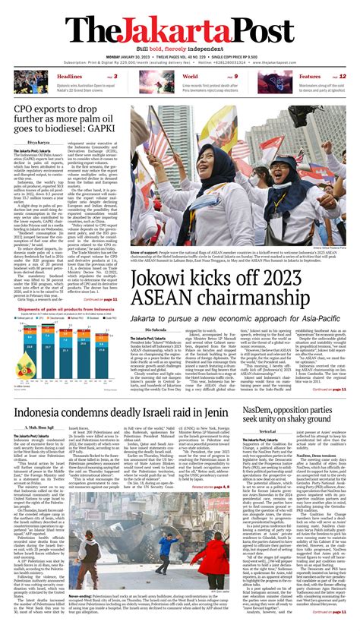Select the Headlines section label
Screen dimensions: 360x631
click(69, 77)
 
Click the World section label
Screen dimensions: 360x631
click(190, 77)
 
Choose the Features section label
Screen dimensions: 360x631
click(310, 77)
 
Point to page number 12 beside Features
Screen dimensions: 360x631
click(344, 77)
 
